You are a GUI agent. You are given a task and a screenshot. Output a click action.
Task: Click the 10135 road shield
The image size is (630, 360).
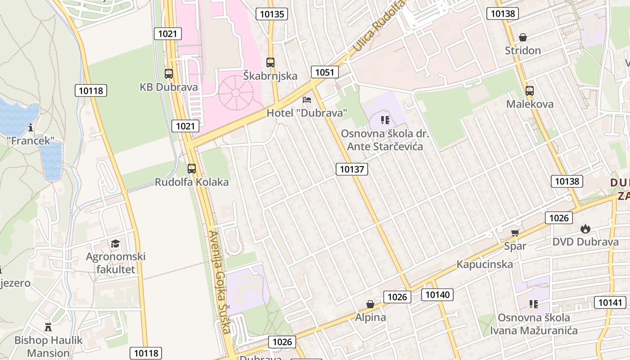tap(272, 14)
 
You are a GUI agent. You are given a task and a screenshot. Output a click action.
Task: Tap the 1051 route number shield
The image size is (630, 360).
tap(324, 72)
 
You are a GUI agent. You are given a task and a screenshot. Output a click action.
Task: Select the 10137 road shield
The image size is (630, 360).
tap(351, 169)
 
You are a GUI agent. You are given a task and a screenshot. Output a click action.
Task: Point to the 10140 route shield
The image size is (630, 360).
tap(437, 295)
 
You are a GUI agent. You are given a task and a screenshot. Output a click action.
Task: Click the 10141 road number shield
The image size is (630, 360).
tap(610, 302)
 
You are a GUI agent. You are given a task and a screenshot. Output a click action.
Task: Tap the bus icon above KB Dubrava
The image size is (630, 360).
tap(169, 73)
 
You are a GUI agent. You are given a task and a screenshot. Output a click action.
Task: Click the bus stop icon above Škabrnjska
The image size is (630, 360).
tap(270, 63)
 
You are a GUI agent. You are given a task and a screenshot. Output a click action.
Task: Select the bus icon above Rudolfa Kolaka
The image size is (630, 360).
tap(192, 169)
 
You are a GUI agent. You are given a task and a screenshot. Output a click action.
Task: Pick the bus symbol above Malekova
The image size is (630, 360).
tap(530, 91)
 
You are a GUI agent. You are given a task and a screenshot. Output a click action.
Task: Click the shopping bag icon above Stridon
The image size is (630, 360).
tap(523, 37)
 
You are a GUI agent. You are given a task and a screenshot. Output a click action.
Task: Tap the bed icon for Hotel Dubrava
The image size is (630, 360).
tap(307, 99)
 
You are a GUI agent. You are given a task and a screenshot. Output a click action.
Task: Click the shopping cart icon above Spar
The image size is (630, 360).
tap(515, 233)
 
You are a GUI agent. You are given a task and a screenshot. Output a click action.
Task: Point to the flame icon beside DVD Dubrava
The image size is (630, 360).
tap(585, 229)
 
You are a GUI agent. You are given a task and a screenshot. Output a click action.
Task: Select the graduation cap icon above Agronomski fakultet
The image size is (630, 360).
tap(116, 243)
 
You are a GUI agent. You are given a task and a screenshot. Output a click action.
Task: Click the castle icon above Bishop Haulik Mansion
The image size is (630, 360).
tap(48, 327)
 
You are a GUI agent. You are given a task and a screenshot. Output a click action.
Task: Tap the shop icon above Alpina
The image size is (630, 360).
tap(370, 304)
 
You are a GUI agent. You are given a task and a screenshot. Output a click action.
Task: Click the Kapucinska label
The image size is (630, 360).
tap(485, 264)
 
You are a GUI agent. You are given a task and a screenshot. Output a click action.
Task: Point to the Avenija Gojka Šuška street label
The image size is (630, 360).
tap(220, 282)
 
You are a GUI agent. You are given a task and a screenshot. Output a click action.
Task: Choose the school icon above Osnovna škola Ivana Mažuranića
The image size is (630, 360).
tap(534, 304)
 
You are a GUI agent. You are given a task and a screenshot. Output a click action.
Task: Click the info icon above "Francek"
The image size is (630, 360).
tap(31, 128)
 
